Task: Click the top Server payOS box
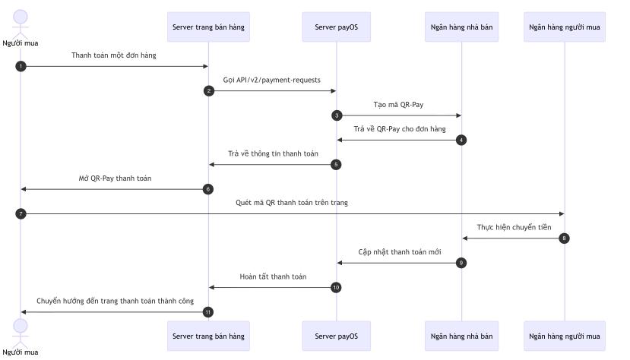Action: [336, 27]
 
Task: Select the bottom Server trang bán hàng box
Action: [208, 335]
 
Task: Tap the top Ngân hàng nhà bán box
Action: [461, 27]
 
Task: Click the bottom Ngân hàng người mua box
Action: [564, 335]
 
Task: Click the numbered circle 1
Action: [21, 66]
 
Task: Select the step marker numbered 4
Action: [461, 140]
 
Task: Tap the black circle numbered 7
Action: [21, 213]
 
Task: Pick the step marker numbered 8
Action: [564, 238]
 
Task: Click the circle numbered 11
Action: [208, 312]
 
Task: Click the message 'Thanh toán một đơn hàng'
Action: [114, 55]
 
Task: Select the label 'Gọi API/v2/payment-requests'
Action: [271, 80]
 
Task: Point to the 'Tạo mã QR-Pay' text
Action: [398, 104]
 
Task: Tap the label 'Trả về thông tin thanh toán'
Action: [273, 153]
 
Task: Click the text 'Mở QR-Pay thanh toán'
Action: [115, 178]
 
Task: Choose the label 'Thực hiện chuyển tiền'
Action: [514, 227]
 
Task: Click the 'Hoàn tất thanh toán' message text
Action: [273, 276]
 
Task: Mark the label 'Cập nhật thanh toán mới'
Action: [399, 251]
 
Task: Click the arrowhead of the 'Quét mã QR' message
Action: [561, 213]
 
